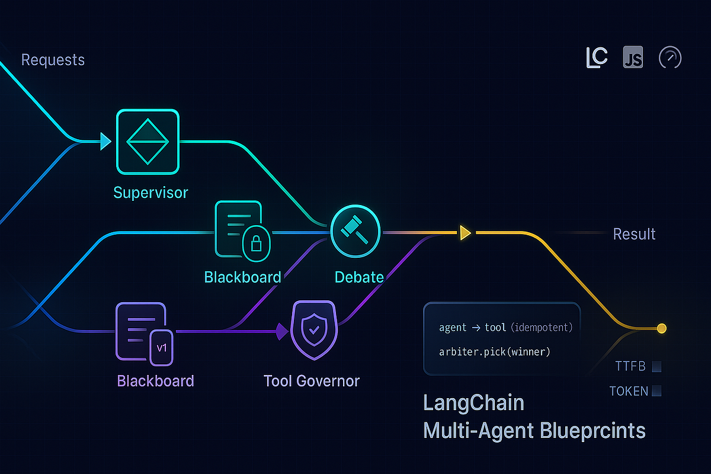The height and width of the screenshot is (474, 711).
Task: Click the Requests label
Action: tap(53, 60)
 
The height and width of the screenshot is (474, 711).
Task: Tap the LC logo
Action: tap(597, 58)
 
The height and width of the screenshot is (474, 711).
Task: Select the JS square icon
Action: tap(633, 58)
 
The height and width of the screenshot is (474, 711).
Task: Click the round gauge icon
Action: tap(670, 58)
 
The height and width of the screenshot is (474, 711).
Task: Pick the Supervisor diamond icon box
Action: tap(148, 142)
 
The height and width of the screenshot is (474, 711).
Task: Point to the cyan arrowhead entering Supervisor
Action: tap(105, 141)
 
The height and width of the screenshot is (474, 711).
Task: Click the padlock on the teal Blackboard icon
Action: tap(256, 243)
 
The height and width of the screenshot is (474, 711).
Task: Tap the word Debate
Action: tap(359, 277)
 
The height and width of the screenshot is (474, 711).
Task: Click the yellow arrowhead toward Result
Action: tap(465, 233)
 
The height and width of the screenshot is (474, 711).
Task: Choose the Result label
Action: tap(634, 234)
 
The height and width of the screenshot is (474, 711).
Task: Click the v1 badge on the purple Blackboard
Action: tap(161, 345)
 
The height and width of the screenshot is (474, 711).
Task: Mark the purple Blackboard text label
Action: tap(155, 380)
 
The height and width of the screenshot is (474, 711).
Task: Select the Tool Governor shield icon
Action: tap(313, 330)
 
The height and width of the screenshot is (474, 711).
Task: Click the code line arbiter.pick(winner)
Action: tap(495, 352)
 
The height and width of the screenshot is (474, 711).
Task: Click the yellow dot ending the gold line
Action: tap(662, 328)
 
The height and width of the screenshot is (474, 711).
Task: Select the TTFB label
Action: tap(629, 367)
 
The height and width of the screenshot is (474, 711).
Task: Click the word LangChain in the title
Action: tap(474, 403)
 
